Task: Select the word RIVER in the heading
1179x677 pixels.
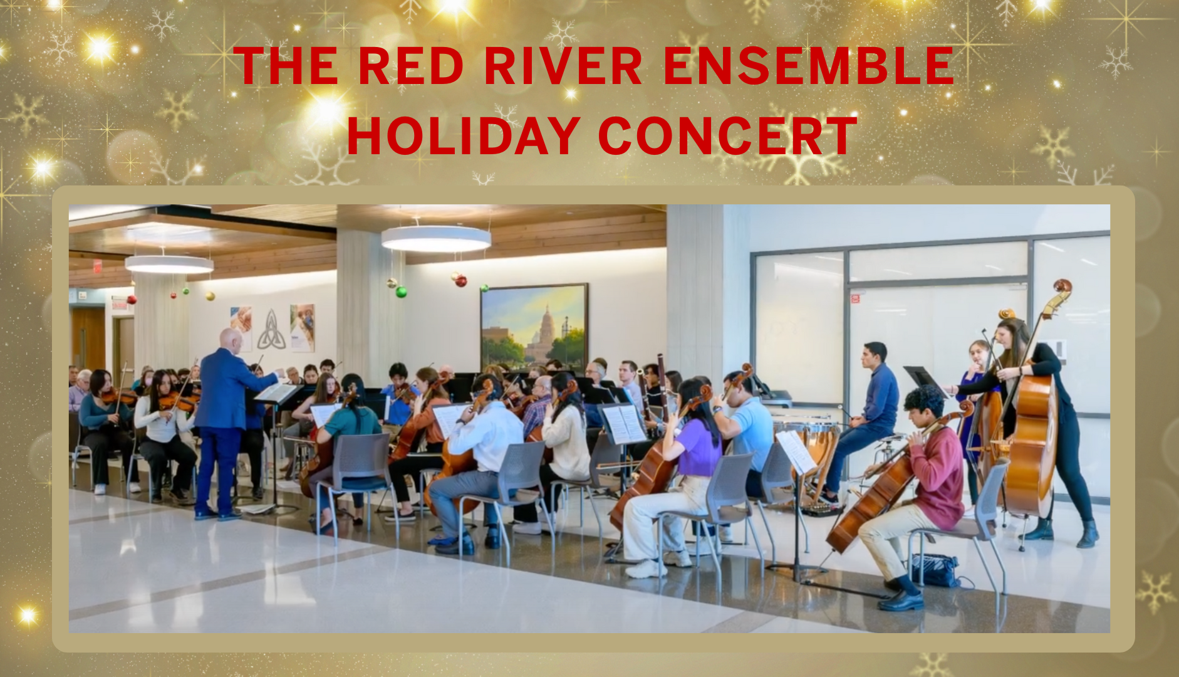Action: (x=563, y=66)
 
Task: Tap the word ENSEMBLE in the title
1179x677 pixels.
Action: (x=808, y=66)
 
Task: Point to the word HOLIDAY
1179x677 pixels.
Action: (x=464, y=136)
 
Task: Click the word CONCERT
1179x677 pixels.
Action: (x=727, y=136)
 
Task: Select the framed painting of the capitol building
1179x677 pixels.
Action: (x=534, y=326)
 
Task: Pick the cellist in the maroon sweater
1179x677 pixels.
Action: (x=933, y=476)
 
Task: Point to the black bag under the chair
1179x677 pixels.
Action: (x=933, y=570)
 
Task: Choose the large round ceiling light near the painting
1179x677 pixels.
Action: (x=436, y=239)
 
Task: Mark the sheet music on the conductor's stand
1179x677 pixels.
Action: (x=276, y=393)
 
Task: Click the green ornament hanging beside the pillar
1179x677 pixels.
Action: (x=401, y=291)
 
